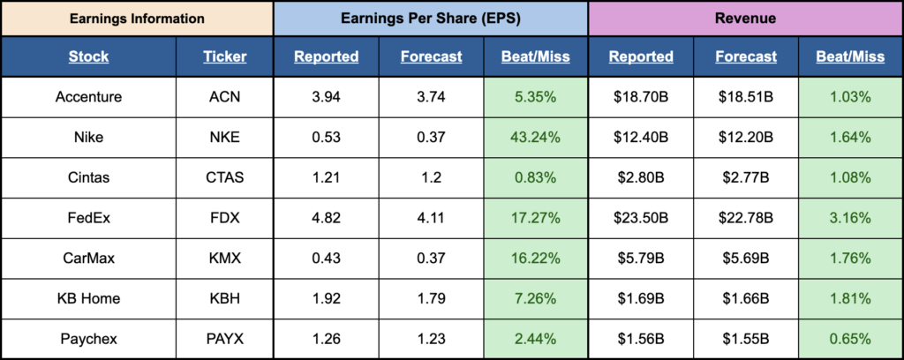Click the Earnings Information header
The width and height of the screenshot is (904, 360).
136,18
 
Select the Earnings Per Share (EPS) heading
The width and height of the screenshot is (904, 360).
430,18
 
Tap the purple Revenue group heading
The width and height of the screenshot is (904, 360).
746,18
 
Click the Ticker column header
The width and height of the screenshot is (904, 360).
224,56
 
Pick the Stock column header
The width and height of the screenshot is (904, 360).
88,56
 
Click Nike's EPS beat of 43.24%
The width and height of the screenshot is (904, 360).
536,137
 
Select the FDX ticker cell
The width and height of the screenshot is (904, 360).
224,217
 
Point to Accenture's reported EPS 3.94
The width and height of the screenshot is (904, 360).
326,97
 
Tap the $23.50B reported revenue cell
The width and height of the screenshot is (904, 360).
641,217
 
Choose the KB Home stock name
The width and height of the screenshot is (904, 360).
88,297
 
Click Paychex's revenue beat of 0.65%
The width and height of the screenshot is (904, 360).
850,338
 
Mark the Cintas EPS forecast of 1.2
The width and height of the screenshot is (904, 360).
431,177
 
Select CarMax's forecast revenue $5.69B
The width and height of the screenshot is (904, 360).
746,258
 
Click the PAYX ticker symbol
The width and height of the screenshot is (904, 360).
224,338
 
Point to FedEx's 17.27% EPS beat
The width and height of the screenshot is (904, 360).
536,217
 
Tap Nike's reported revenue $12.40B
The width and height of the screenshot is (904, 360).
641,137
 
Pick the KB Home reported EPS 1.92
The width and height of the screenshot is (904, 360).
326,297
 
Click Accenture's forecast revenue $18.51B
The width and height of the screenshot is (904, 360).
746,97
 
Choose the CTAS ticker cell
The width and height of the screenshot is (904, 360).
224,177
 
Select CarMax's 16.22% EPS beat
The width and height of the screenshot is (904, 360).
536,258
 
